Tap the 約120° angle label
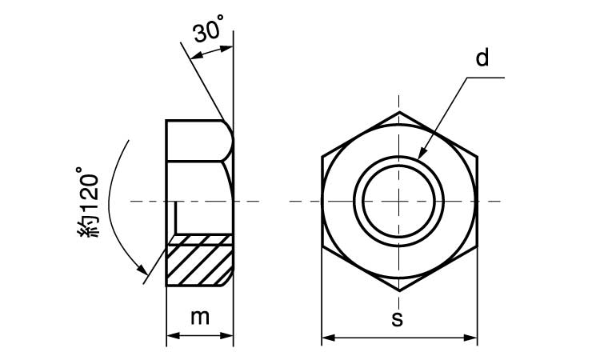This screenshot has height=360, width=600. click(x=88, y=202)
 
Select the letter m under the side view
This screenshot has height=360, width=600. click(x=200, y=318)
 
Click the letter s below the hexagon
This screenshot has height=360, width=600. click(x=397, y=318)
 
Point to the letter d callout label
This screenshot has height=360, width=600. click(x=482, y=58)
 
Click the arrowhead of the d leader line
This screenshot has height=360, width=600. click(x=421, y=154)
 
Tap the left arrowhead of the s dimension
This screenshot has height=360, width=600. click(x=328, y=338)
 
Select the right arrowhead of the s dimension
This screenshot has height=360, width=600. click(x=470, y=338)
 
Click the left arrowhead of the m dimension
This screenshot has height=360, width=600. click(x=174, y=335)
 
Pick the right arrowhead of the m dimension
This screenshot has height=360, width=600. click(x=226, y=335)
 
